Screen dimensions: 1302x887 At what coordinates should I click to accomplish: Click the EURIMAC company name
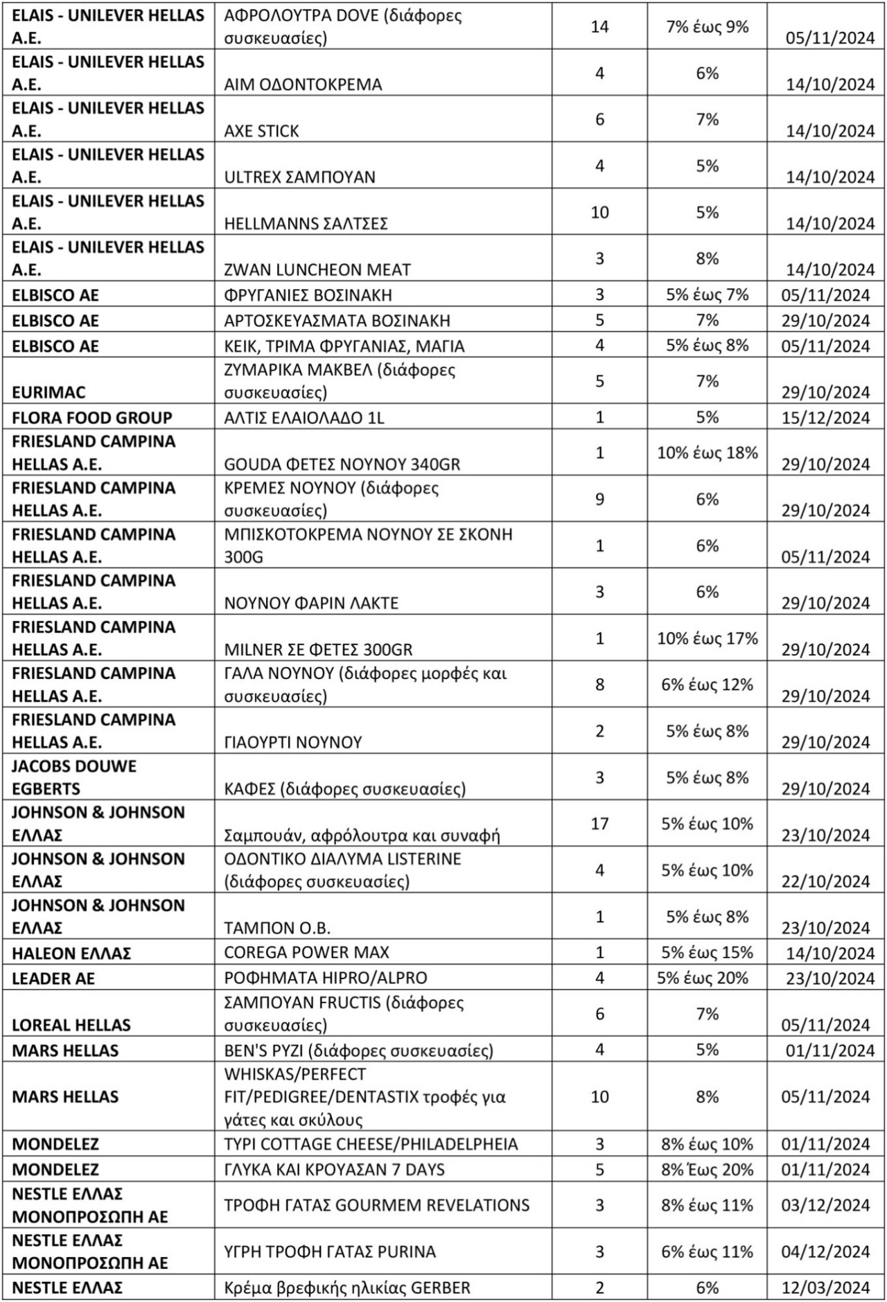click(x=49, y=392)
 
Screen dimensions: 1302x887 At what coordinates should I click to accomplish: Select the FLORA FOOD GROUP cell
click(x=91, y=418)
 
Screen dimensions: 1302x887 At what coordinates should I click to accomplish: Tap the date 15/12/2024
click(x=825, y=418)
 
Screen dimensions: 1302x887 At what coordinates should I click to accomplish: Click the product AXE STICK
click(x=261, y=131)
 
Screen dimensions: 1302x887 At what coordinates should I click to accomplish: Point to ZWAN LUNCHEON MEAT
click(x=317, y=270)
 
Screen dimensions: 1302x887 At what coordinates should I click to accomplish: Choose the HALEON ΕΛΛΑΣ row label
click(x=71, y=953)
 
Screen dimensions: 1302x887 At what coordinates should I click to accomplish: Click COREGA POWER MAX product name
click(x=306, y=952)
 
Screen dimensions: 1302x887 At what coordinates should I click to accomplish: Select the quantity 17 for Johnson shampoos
click(x=599, y=824)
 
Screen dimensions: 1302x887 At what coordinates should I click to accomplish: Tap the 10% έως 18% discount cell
click(x=707, y=453)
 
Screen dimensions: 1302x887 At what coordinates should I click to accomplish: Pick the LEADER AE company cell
click(x=53, y=979)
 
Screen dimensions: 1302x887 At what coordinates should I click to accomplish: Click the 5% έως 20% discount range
click(x=707, y=978)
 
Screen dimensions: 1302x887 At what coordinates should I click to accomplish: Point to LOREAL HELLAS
click(x=71, y=1025)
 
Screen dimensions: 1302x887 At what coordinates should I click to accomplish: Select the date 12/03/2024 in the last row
click(x=825, y=1288)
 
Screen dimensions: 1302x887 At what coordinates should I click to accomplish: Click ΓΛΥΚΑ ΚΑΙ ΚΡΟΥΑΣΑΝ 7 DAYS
click(x=334, y=1170)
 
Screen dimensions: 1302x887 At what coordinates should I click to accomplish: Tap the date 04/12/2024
click(x=825, y=1252)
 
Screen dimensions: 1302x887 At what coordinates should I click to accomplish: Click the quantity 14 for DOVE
click(x=599, y=27)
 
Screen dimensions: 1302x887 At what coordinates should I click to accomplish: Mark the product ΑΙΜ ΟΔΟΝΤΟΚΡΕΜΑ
click(x=303, y=85)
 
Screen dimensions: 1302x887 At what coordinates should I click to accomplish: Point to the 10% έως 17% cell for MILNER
click(x=707, y=638)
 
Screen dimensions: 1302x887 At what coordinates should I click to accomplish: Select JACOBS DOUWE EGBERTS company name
click(x=74, y=777)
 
